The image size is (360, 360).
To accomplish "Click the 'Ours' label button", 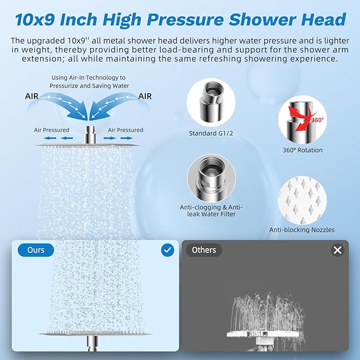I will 36,250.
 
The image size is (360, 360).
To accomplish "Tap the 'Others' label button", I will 204,250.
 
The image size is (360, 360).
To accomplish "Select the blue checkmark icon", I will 168,250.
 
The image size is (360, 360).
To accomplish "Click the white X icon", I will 338,250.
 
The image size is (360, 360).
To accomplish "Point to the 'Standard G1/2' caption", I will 210,133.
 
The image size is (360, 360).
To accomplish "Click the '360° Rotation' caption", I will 302,150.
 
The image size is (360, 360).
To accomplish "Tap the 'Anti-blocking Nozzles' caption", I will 302,230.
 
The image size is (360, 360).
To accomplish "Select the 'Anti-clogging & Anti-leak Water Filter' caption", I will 211,210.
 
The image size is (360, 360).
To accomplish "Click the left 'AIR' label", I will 32,96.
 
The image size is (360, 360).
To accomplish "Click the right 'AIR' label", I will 145,96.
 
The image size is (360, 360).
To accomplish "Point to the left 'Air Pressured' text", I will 51,130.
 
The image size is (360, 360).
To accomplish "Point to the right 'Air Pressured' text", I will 125,130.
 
